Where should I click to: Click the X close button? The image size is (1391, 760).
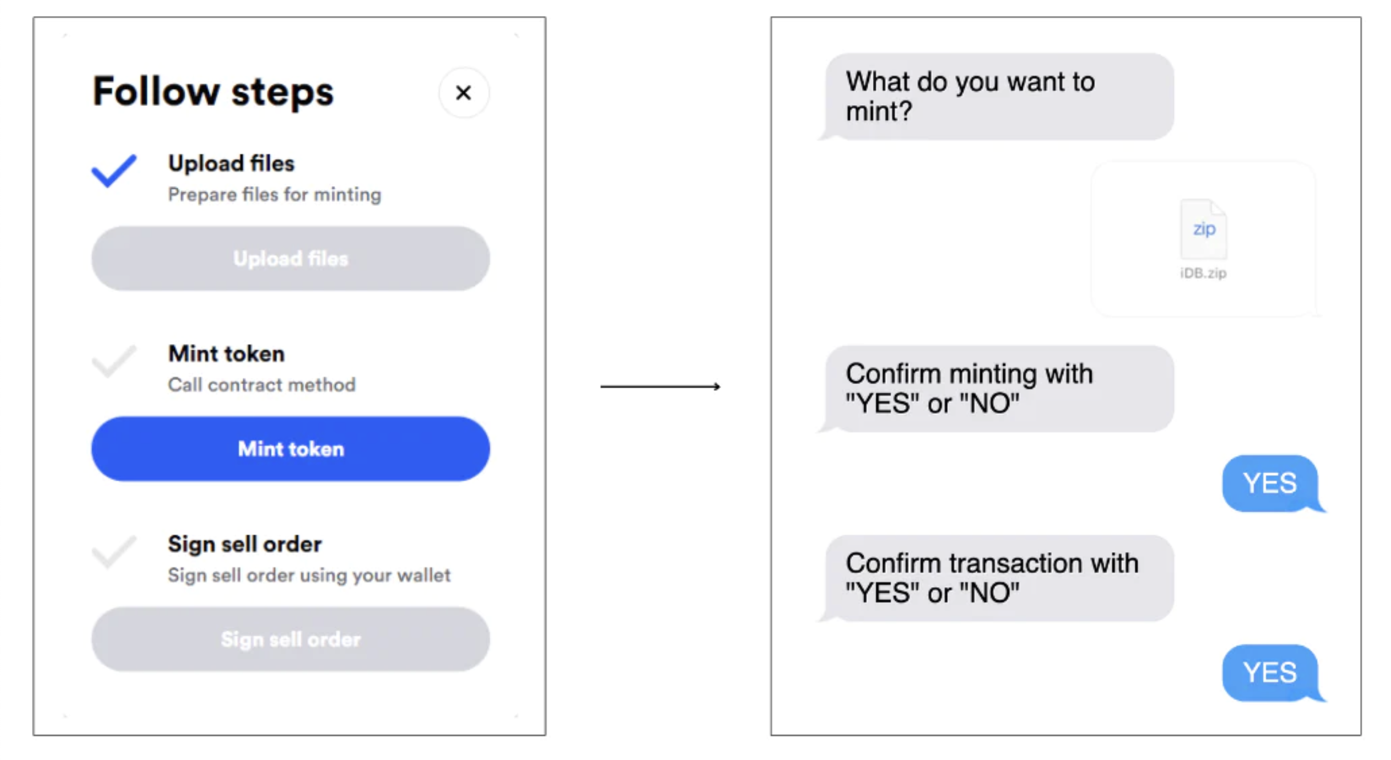[x=464, y=93]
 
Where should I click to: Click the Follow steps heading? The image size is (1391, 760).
[x=213, y=92]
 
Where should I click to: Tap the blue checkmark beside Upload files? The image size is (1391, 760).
[x=114, y=171]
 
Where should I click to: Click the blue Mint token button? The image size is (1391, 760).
[x=291, y=449]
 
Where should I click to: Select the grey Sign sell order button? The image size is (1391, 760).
[x=291, y=639]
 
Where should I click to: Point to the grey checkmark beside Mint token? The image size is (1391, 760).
[x=114, y=361]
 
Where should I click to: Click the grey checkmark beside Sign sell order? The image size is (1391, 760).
[x=114, y=552]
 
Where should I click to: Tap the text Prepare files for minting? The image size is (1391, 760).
[x=275, y=195]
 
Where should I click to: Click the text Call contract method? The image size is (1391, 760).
[x=262, y=385]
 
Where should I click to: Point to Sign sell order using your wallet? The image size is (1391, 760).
[x=309, y=575]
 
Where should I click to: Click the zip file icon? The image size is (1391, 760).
[x=1203, y=229]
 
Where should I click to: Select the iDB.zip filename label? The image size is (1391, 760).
[x=1203, y=273]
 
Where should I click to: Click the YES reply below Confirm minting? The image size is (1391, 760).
[x=1271, y=484]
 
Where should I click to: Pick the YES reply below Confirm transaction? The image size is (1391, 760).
[x=1271, y=673]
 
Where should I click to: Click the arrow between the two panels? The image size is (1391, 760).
[x=661, y=387]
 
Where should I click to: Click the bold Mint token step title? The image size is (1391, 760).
[x=226, y=354]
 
